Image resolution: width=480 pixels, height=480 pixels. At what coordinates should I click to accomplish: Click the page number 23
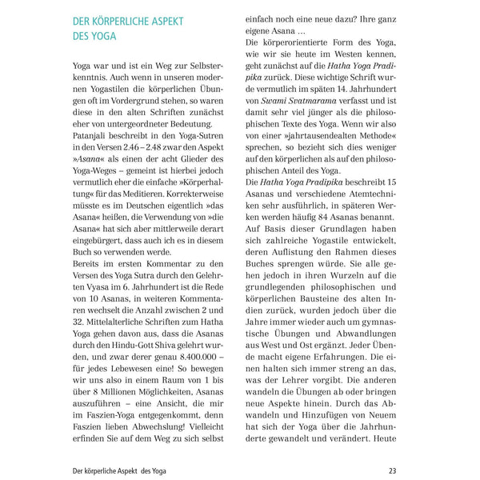[x=392, y=470]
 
